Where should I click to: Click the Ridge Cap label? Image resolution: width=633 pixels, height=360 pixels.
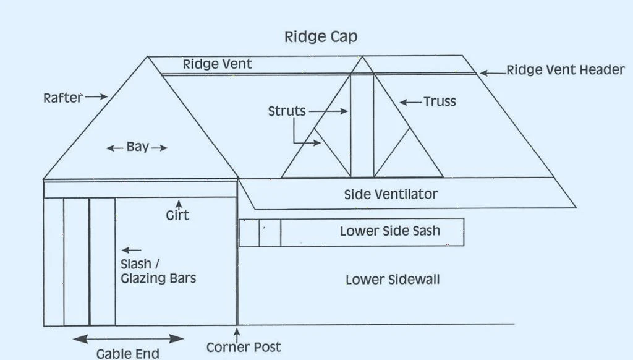pyautogui.click(x=320, y=37)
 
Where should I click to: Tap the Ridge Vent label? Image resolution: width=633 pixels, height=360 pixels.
pyautogui.click(x=218, y=64)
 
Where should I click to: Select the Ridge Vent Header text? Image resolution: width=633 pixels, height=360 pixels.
pyautogui.click(x=566, y=70)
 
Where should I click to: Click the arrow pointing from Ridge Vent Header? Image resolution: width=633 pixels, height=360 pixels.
pyautogui.click(x=493, y=72)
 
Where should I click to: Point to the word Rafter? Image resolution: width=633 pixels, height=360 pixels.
pyautogui.click(x=63, y=98)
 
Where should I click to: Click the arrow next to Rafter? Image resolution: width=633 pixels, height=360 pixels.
pyautogui.click(x=96, y=96)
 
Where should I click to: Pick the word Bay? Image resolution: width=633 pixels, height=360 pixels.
pyautogui.click(x=137, y=147)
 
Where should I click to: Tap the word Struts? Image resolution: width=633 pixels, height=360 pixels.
pyautogui.click(x=287, y=111)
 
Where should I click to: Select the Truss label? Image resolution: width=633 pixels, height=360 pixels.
pyautogui.click(x=440, y=101)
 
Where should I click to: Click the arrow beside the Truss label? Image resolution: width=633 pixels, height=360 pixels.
pyautogui.click(x=410, y=101)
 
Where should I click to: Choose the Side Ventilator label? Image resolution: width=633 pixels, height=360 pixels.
pyautogui.click(x=391, y=194)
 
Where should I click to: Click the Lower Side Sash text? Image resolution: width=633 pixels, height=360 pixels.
pyautogui.click(x=390, y=231)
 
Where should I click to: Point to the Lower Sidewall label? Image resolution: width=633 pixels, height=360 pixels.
pyautogui.click(x=393, y=280)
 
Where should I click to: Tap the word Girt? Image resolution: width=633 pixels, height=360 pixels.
pyautogui.click(x=177, y=215)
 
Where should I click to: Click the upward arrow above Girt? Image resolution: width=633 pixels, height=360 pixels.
pyautogui.click(x=179, y=203)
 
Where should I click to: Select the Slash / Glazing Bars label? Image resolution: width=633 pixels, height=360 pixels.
pyautogui.click(x=158, y=271)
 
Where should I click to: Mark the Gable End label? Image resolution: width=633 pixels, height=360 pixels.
pyautogui.click(x=128, y=354)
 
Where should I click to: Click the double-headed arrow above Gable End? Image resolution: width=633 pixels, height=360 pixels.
pyautogui.click(x=129, y=338)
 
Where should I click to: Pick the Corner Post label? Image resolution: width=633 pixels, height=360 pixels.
pyautogui.click(x=244, y=347)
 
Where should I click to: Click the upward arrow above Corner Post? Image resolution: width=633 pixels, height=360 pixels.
pyautogui.click(x=237, y=333)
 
